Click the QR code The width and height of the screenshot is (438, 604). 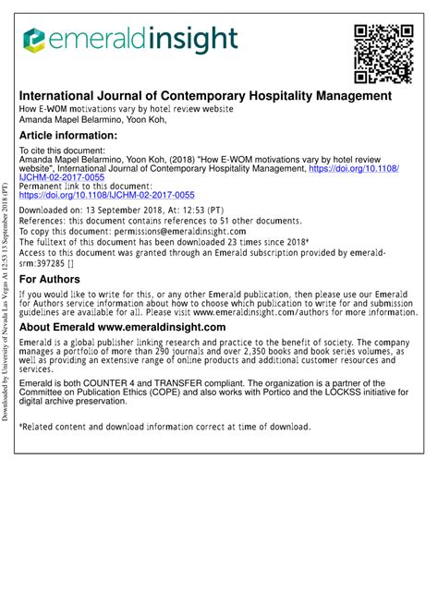pos(383,54)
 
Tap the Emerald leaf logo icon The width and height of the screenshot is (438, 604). pos(34,39)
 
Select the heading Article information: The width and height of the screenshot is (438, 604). pos(68,136)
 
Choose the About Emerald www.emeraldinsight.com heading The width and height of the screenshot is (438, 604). pos(123,327)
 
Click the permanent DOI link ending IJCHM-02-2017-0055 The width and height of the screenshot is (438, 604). pos(107,196)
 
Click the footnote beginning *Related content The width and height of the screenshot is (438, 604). pos(165,427)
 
